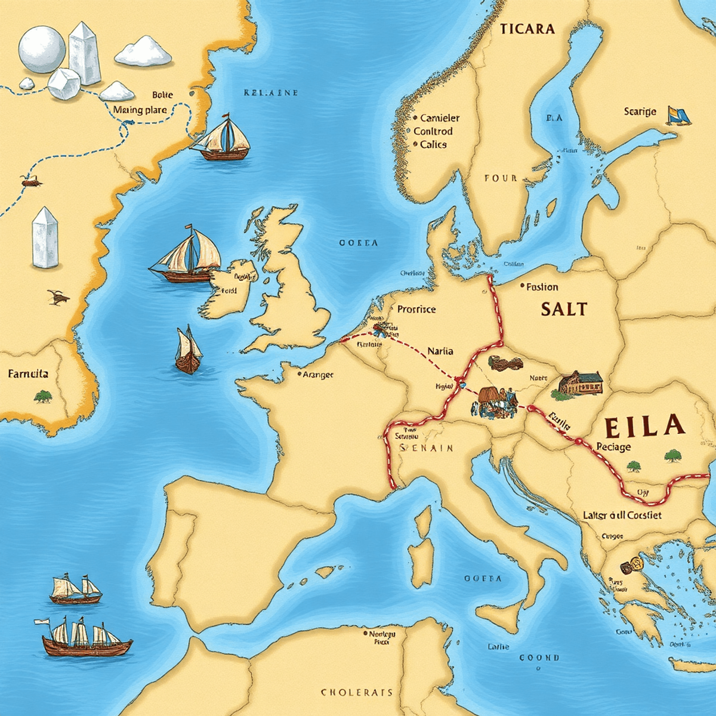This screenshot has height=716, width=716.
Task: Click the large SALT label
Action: pyautogui.click(x=564, y=309)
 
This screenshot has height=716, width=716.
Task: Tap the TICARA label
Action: pyautogui.click(x=527, y=29)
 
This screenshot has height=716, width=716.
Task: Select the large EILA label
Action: pyautogui.click(x=643, y=426)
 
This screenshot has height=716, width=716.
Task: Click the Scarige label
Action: pyautogui.click(x=640, y=112)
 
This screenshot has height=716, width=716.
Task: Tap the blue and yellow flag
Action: pyautogui.click(x=679, y=116)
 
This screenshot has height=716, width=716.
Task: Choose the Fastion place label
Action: pyautogui.click(x=542, y=287)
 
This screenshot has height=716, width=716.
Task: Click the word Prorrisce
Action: pyautogui.click(x=416, y=309)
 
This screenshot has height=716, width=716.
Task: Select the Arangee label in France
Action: pyautogui.click(x=318, y=375)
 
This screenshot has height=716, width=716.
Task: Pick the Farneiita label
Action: pyautogui.click(x=28, y=374)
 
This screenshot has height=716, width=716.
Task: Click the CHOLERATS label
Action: pyautogui.click(x=357, y=692)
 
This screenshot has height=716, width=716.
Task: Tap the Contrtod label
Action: pyautogui.click(x=433, y=131)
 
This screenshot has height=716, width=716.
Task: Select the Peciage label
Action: pyautogui.click(x=613, y=447)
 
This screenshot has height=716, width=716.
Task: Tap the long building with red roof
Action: pyautogui.click(x=581, y=384)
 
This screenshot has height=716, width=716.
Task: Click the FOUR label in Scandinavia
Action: pyautogui.click(x=501, y=178)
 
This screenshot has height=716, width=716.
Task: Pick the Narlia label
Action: pyautogui.click(x=440, y=351)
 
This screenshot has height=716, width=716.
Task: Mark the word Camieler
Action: pyautogui.click(x=440, y=118)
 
